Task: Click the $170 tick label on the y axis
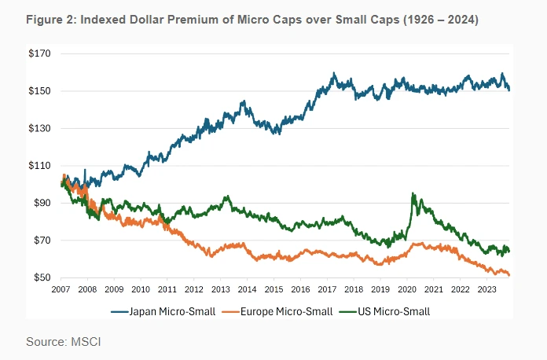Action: tap(39, 54)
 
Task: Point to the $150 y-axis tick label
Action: tap(39, 91)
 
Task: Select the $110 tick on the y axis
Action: tap(39, 166)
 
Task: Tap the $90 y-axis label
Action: tap(41, 204)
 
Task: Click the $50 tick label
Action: tap(41, 278)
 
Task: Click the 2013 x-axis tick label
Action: tap(221, 289)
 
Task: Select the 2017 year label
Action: tap(328, 289)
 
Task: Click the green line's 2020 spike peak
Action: tap(413, 193)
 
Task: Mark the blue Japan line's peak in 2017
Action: tap(334, 73)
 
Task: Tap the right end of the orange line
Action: tap(509, 275)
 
